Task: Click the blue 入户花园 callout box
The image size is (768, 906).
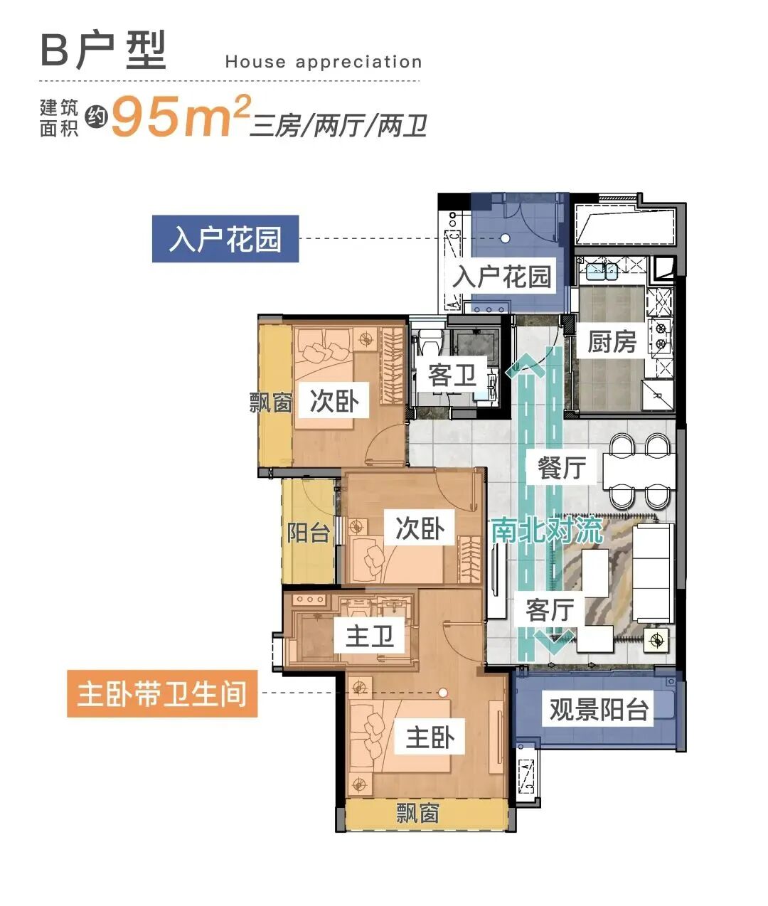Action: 225,239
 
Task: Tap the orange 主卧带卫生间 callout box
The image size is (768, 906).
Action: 162,693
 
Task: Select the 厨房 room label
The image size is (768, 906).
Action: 612,342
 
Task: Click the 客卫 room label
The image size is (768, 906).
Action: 452,375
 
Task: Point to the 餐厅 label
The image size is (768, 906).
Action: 562,467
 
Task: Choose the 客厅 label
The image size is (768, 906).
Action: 550,609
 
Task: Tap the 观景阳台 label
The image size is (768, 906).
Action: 599,709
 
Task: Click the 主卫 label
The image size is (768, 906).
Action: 369,635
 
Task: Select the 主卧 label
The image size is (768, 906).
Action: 430,737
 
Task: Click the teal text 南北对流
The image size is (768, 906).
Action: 547,530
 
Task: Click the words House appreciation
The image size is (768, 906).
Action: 324,62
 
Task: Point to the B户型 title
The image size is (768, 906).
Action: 104,51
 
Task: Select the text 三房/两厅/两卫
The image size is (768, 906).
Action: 338,127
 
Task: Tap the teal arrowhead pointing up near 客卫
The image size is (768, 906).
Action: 526,364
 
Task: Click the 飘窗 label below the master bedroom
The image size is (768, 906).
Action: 417,813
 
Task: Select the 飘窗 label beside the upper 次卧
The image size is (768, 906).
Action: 271,403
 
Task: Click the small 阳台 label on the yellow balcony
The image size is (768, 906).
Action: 308,532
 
